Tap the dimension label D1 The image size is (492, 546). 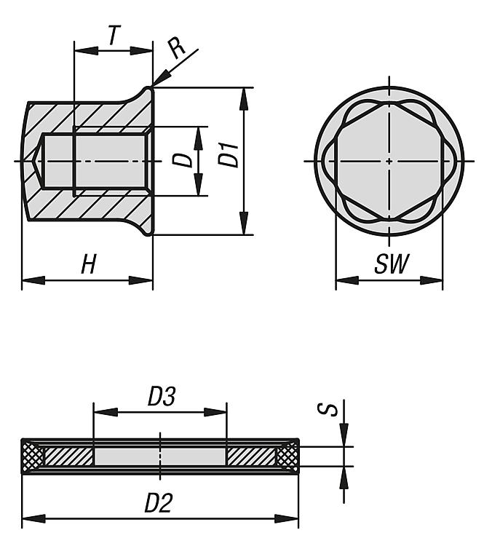point(230,155)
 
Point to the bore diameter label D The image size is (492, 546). point(188,159)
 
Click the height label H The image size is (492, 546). point(88,265)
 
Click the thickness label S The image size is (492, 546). point(332,411)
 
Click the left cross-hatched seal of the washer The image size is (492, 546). point(33,456)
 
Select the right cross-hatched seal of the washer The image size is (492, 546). point(287,456)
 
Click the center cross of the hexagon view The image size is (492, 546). point(389,160)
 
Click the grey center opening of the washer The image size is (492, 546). point(160,456)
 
